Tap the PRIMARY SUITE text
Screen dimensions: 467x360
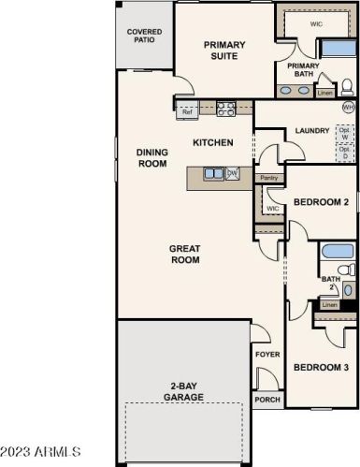coord(224,49)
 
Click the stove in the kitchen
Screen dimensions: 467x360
coord(225,108)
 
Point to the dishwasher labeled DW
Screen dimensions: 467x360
coord(232,173)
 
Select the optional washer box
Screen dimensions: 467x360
coord(343,132)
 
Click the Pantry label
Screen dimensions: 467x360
coord(269,177)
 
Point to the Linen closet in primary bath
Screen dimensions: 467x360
coord(324,93)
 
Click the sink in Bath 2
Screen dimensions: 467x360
coord(347,289)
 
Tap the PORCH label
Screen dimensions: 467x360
coord(266,400)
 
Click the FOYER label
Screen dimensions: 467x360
coord(266,355)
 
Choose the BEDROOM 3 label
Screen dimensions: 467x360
coord(321,368)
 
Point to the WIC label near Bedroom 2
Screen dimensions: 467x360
coord(272,208)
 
